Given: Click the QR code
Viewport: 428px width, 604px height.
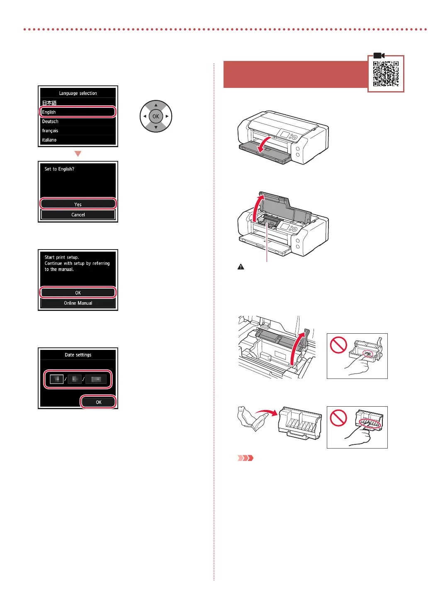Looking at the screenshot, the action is pos(386,73).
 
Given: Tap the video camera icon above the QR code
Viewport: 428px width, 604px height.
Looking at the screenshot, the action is pos(379,56).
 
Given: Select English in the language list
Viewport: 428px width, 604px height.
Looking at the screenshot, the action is pos(78,112).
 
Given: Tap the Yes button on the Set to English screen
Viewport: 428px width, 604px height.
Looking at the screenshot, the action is pos(78,204).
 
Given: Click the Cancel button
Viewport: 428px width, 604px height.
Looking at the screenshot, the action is pos(78,215).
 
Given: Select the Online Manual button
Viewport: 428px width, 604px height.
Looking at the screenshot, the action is pos(78,303).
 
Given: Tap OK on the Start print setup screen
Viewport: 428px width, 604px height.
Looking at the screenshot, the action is pos(78,293).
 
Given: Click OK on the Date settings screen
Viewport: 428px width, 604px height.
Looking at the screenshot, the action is pos(98,402).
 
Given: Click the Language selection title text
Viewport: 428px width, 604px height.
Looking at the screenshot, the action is pos(78,93).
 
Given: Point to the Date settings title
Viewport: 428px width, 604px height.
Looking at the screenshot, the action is pos(78,355).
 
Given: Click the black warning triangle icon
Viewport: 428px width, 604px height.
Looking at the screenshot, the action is pos(241,267).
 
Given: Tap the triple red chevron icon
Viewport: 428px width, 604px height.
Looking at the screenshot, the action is pos(245,458).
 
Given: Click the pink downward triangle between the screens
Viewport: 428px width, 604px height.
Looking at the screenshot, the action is pos(78,154).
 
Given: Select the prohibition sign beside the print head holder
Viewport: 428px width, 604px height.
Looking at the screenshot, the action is pos(338,345).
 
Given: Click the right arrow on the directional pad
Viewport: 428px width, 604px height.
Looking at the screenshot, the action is pos(167,116).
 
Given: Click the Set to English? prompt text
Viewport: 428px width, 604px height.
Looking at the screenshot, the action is pos(59,169).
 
